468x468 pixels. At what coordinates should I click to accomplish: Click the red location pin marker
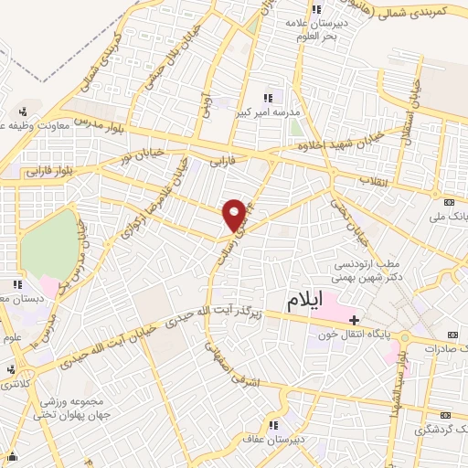235,213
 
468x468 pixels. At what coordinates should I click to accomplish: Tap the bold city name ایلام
305,304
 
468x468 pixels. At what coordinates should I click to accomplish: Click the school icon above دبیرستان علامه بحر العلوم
319,9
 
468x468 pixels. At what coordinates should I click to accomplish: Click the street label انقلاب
374,179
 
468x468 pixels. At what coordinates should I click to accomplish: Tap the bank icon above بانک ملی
448,202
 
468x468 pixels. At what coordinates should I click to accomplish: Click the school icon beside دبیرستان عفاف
272,424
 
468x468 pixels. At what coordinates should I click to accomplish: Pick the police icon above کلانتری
11,369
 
